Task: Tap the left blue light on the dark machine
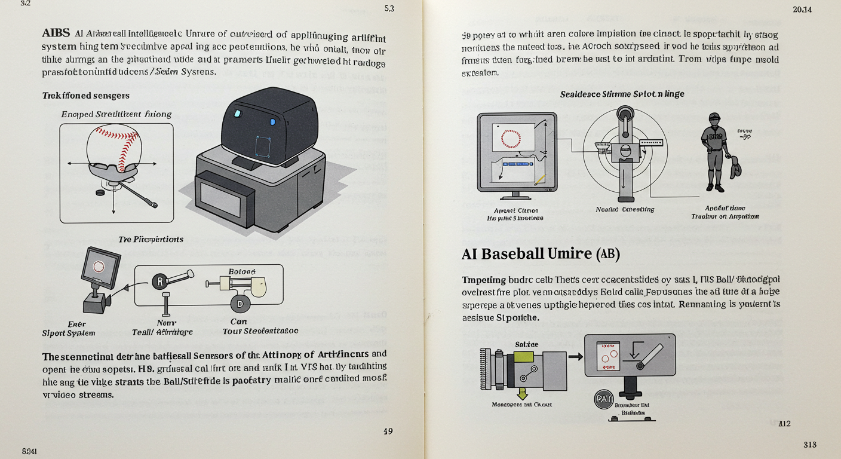(x=236, y=113)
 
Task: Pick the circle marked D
(x=240, y=304)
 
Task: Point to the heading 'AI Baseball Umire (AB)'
(x=541, y=254)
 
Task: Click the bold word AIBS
(x=56, y=33)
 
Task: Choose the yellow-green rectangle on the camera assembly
(x=523, y=357)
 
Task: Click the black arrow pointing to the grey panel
(x=576, y=357)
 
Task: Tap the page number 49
(x=388, y=431)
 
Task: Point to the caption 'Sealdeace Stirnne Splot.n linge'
(x=622, y=94)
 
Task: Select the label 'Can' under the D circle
(x=239, y=322)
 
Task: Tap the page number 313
(x=809, y=445)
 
